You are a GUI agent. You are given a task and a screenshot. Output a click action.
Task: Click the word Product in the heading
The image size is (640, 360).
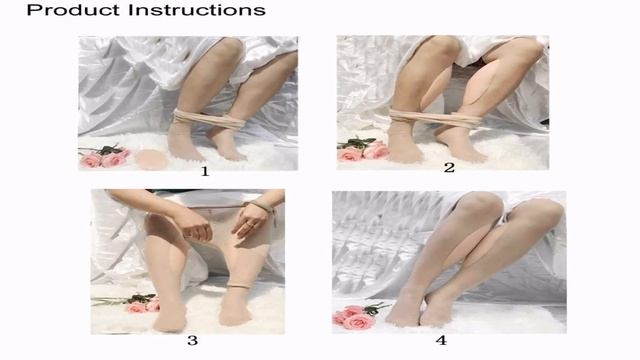point(74,10)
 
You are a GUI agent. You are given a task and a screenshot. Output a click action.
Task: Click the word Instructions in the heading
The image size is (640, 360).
point(197,10)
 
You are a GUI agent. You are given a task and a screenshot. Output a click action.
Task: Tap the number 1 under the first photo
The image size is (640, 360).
point(205,171)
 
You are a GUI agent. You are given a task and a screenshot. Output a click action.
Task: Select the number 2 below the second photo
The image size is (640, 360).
point(449,167)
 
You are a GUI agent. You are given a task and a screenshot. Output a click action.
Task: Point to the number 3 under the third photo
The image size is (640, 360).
point(192,340)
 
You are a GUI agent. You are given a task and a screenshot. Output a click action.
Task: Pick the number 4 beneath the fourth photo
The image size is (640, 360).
point(441,340)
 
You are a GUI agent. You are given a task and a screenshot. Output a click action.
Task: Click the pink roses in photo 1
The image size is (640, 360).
point(104,158)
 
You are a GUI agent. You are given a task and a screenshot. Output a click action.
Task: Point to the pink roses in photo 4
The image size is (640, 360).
point(353,318)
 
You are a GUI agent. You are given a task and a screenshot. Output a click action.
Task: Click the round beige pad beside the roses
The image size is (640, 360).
point(151,159)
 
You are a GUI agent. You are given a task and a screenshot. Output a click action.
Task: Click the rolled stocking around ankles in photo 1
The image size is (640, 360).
point(209,119)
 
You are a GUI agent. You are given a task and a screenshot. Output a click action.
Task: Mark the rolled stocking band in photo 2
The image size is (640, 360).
point(435,118)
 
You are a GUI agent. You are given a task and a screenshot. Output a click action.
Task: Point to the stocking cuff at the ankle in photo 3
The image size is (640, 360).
point(238,286)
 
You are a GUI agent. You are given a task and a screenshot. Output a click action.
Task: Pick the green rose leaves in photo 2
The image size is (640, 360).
point(358,142)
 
